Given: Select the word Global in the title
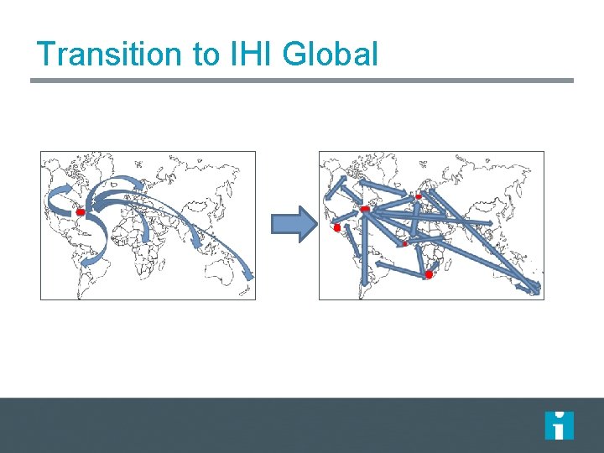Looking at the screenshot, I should (x=331, y=54).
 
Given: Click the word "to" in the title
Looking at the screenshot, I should (x=205, y=54).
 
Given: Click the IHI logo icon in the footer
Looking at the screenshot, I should (x=559, y=425).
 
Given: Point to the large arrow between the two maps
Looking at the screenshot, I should (x=293, y=224).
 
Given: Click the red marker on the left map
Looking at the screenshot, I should (x=81, y=213).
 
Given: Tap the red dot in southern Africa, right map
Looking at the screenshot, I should (x=430, y=274).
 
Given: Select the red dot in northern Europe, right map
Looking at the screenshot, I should (x=419, y=196).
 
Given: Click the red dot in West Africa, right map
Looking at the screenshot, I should (x=404, y=243).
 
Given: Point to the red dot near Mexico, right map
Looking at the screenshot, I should (x=337, y=227).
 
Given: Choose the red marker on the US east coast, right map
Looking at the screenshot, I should (x=364, y=209).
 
